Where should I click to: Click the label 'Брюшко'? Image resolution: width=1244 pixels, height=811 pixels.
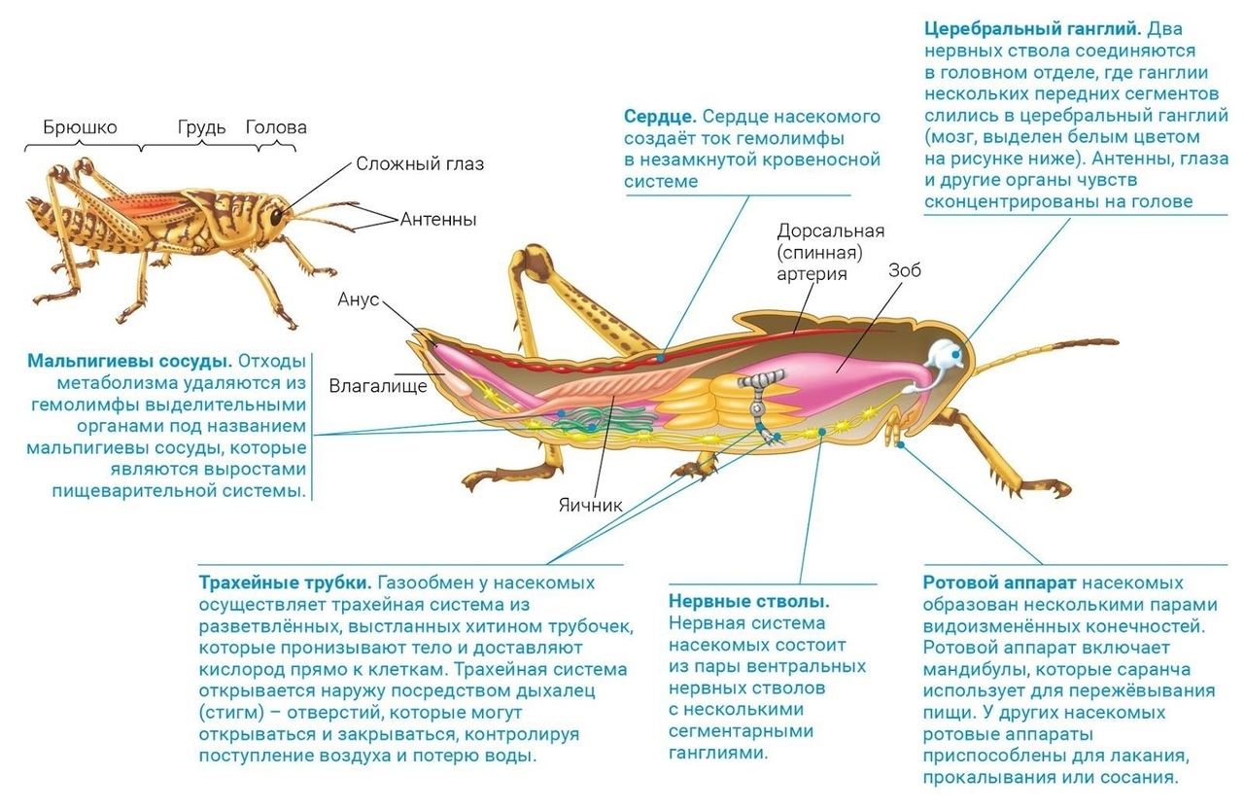click(80, 127)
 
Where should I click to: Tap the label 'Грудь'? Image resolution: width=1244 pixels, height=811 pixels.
click(202, 127)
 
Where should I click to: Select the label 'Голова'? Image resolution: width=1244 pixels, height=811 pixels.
click(276, 127)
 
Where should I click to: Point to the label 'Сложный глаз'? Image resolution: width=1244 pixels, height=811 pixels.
click(419, 163)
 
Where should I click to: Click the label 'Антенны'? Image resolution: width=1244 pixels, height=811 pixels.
click(438, 220)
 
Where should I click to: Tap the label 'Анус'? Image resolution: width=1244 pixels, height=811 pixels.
click(359, 300)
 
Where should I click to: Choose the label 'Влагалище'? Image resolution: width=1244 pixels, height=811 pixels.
click(378, 386)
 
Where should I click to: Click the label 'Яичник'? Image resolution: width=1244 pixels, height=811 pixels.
click(590, 506)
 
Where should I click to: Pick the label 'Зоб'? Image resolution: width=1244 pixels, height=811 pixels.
click(904, 271)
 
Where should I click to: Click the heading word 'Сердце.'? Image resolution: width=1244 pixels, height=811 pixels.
click(660, 117)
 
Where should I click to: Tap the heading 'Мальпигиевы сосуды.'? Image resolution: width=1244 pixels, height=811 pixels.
click(129, 362)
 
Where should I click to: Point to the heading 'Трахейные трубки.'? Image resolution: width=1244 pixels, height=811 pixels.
click(285, 583)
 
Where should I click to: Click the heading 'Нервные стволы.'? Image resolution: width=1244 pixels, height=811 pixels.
click(748, 602)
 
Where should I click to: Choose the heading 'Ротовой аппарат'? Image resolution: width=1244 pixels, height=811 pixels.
click(999, 583)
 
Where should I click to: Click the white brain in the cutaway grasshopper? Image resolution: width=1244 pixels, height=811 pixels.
click(941, 355)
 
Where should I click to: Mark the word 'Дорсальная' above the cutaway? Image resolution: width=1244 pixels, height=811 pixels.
click(831, 230)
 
